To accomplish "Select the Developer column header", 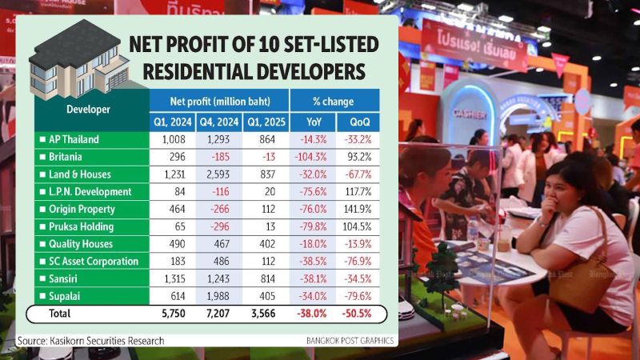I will (x=88, y=109).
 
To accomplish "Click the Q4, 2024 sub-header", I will (x=219, y=122).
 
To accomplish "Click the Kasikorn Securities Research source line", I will (x=91, y=341).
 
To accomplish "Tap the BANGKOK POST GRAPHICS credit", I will (x=350, y=342).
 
